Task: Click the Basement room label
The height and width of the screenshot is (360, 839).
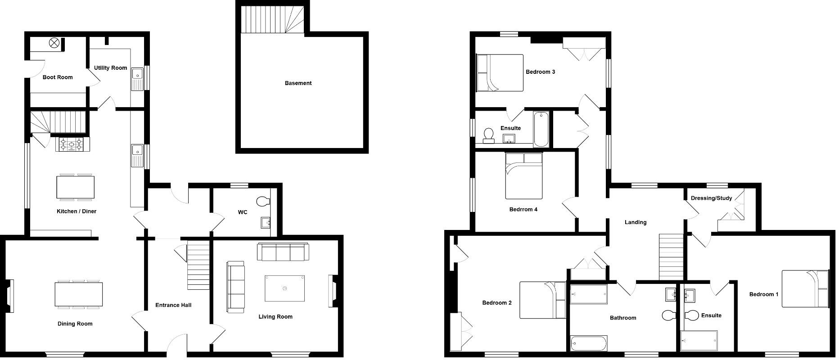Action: click(298, 83)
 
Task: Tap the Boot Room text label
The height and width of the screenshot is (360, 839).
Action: click(58, 77)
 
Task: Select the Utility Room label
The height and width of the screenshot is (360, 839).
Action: click(110, 68)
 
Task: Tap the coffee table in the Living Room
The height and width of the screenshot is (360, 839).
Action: click(284, 288)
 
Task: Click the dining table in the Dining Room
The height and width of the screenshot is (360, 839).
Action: click(79, 295)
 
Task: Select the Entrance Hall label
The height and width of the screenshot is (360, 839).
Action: click(173, 305)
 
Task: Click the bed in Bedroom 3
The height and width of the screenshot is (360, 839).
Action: click(500, 73)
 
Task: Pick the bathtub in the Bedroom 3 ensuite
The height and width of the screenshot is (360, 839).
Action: click(541, 130)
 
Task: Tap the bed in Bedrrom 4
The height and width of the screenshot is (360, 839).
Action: click(524, 175)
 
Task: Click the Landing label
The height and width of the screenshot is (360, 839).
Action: click(636, 222)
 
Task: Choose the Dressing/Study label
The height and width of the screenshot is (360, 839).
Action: click(711, 198)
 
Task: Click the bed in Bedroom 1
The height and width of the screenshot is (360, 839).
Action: click(805, 288)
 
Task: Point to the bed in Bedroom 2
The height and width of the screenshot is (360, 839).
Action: click(542, 300)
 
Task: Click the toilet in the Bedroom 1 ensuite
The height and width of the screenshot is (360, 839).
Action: click(691, 315)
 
